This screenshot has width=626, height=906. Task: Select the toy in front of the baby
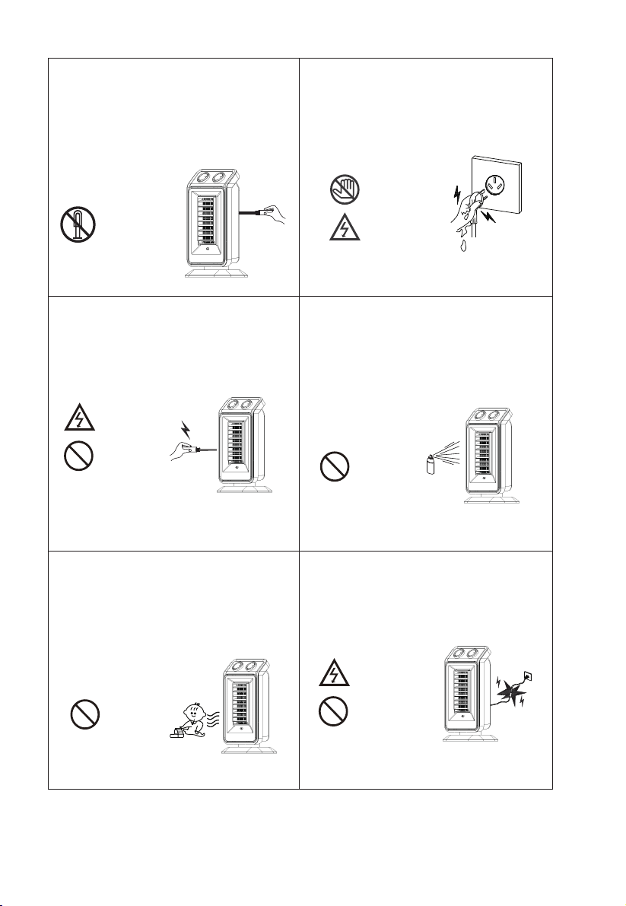[x=180, y=732]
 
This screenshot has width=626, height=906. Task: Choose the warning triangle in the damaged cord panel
[x=334, y=674]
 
